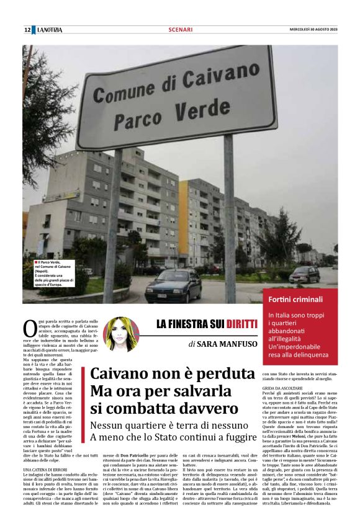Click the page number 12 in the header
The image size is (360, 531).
coord(27,30)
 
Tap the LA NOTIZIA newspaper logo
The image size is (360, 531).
coord(49,30)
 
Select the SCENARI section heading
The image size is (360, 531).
coord(180,30)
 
